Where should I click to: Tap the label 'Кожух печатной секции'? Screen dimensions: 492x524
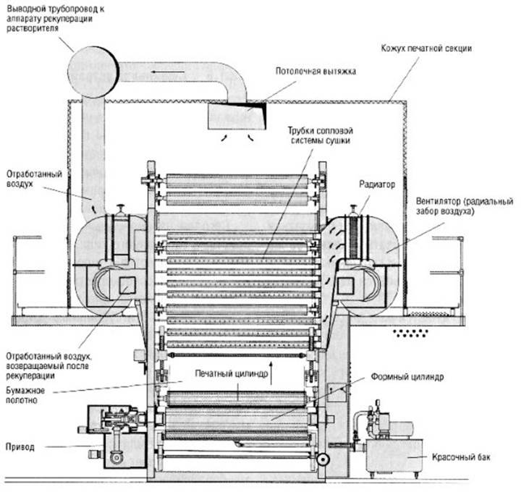426,48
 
